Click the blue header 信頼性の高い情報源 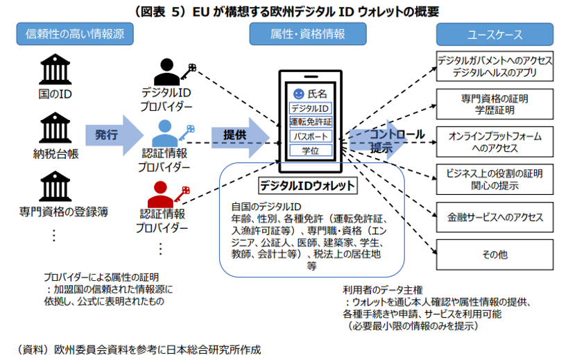[75, 34]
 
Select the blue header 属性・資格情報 [308, 34]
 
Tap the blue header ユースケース [494, 35]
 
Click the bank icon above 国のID [55, 69]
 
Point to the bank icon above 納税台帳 [55, 128]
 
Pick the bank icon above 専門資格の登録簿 [55, 186]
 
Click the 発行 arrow [114, 135]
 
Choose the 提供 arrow [241, 137]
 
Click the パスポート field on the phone [311, 137]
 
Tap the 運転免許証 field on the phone [311, 122]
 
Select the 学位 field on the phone [311, 151]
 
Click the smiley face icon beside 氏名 [298, 94]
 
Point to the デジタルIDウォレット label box [308, 186]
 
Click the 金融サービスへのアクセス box [494, 217]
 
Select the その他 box [494, 255]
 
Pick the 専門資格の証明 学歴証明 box [494, 104]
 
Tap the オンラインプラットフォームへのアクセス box [494, 142]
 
